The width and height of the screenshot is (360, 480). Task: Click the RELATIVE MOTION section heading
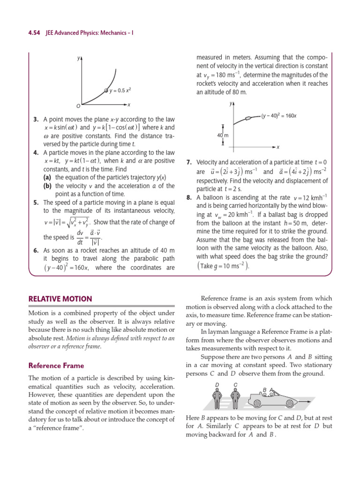[60, 299]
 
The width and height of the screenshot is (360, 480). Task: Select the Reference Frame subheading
[56, 365]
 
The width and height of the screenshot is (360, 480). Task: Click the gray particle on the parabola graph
[106, 90]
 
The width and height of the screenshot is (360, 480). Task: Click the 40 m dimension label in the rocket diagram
[222, 135]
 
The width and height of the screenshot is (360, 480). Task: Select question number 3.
[36, 120]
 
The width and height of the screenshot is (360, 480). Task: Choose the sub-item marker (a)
[47, 177]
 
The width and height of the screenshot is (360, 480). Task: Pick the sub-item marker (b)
[47, 186]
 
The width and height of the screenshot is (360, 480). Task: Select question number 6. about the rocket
[36, 251]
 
